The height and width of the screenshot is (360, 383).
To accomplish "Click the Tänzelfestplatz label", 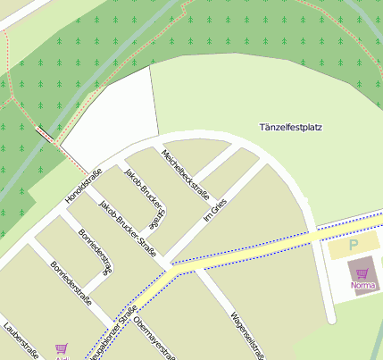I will click(290, 128).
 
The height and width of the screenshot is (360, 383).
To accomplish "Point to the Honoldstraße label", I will click(84, 185).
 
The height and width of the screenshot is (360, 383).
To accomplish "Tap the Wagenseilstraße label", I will click(245, 331).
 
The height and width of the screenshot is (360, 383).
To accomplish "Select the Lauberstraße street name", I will click(21, 340).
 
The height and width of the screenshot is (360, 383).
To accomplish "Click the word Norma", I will click(363, 286).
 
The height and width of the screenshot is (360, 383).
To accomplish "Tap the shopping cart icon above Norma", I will click(362, 273).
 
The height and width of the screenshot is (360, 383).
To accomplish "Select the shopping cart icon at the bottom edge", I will click(62, 349).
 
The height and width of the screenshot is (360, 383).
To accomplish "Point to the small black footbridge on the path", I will click(44, 135).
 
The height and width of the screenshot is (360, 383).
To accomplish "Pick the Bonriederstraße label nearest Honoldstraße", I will click(96, 252).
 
